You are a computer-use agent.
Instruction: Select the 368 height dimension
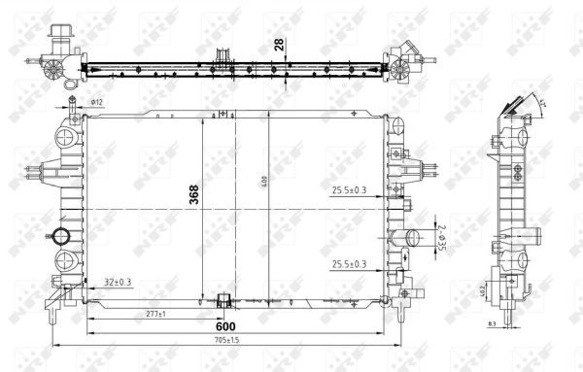(x=192, y=198)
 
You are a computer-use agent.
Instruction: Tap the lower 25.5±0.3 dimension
(x=347, y=264)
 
